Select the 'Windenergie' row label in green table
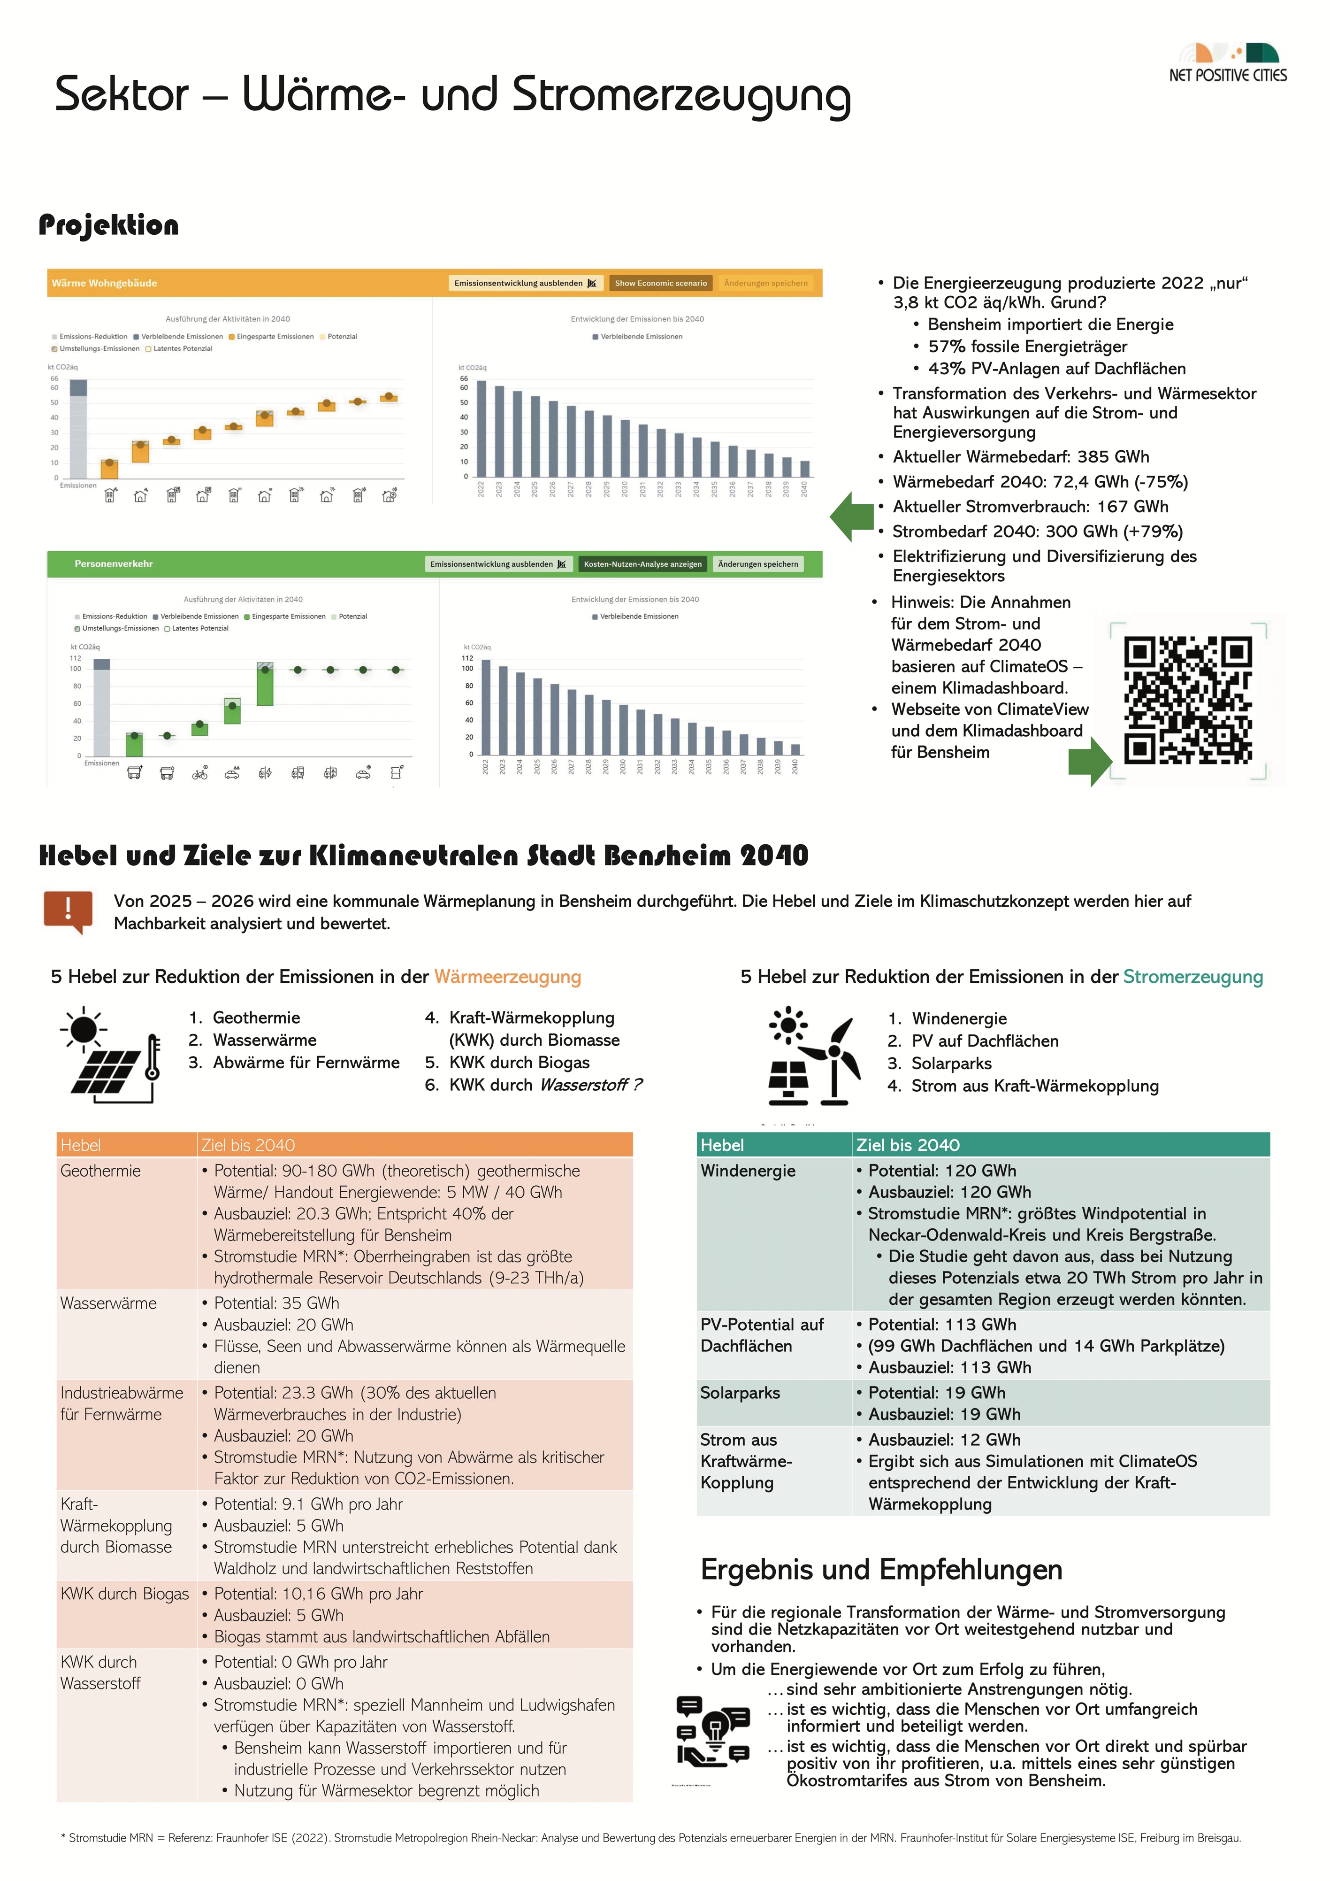click(747, 1171)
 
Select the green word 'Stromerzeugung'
click(1192, 977)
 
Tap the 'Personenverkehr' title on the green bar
click(114, 563)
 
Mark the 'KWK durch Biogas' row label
click(124, 1594)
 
